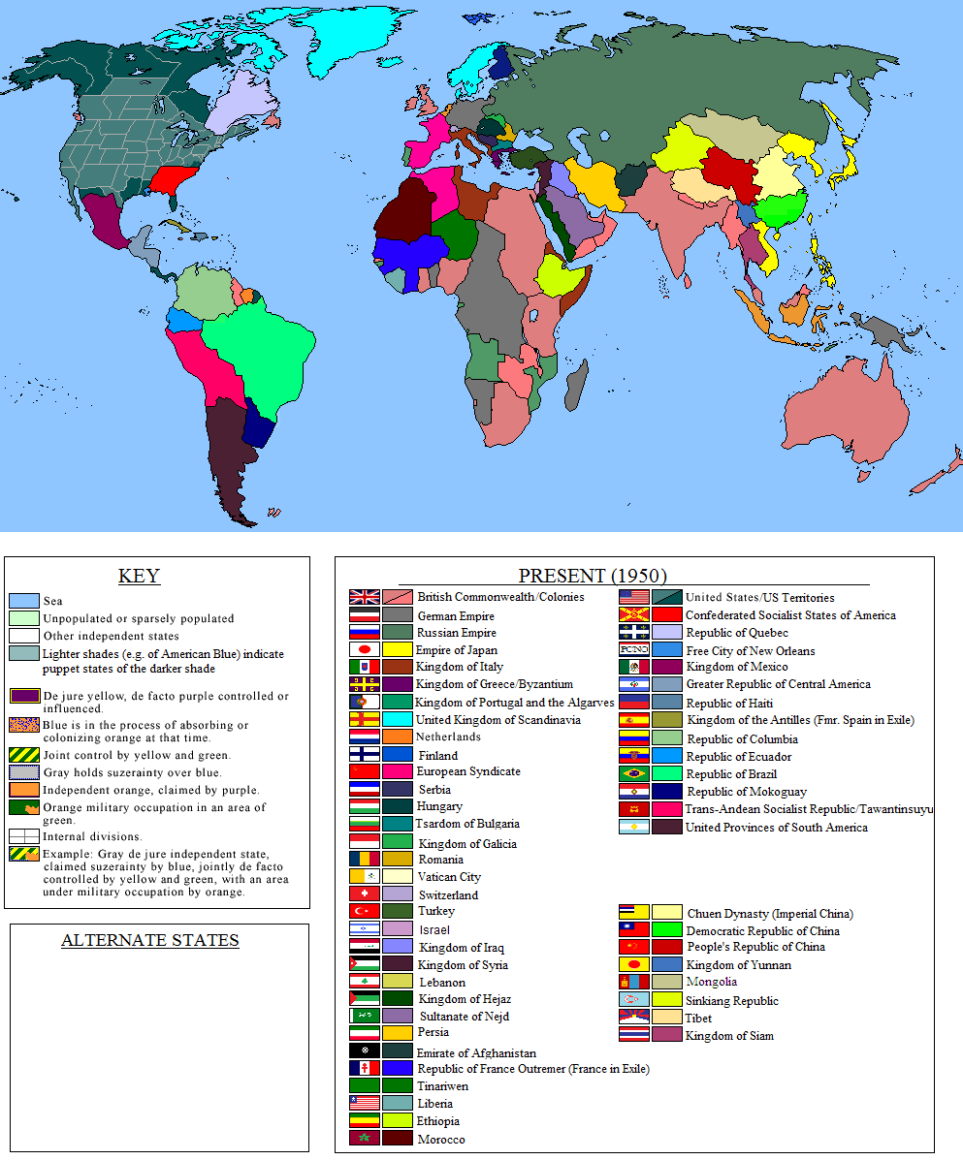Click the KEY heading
(x=139, y=577)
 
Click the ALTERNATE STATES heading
(x=149, y=940)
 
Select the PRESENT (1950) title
(x=593, y=576)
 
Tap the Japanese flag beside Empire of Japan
(x=364, y=650)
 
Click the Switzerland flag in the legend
(x=364, y=894)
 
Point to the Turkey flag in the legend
(x=364, y=911)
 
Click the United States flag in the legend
(x=633, y=597)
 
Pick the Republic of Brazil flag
(x=633, y=773)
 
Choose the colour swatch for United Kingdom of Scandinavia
(x=398, y=719)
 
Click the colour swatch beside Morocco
(x=398, y=1139)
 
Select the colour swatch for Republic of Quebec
(x=666, y=633)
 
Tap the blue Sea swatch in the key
(x=24, y=601)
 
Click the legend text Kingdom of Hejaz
(x=465, y=999)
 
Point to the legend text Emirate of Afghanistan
(x=475, y=1052)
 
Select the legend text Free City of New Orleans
(x=750, y=650)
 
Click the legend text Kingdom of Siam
(x=729, y=1035)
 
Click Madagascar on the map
(x=576, y=385)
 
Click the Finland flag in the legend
(x=364, y=754)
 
